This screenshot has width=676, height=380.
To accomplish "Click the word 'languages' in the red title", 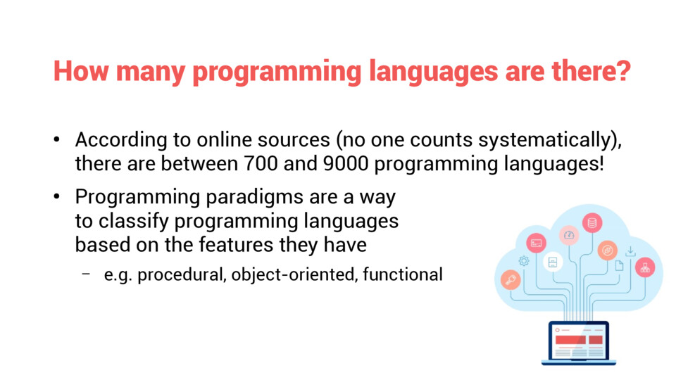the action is pos(433,72).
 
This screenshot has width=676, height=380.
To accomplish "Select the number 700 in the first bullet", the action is pos(261,164).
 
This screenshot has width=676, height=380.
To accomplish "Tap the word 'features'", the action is pos(236,245).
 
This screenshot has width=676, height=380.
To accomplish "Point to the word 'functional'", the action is pos(403,274).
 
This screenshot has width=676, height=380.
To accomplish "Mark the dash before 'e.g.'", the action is pos(86,273).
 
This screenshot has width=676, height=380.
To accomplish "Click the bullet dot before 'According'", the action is pos(57,139).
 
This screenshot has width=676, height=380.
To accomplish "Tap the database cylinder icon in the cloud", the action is pos(592,223).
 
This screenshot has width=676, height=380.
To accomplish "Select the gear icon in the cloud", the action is pos(524,260).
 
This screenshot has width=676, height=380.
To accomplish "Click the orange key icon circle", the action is pos(511,279).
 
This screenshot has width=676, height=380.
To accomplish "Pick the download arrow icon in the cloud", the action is pos(630,251).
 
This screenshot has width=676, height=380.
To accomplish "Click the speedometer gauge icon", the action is pos(569,235).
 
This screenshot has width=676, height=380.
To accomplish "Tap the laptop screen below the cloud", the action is pos(579,341).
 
